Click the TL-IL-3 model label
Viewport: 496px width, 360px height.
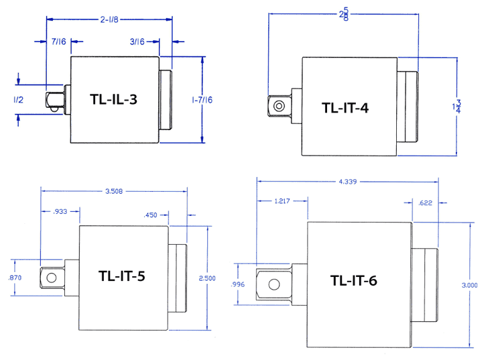click(x=114, y=100)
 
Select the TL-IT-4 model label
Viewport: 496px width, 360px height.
click(x=345, y=107)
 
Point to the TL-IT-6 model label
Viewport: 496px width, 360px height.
click(x=353, y=281)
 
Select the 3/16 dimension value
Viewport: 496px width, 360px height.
click(x=137, y=42)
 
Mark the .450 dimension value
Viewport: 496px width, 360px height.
click(x=150, y=215)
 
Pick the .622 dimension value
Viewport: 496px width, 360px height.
click(x=425, y=202)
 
